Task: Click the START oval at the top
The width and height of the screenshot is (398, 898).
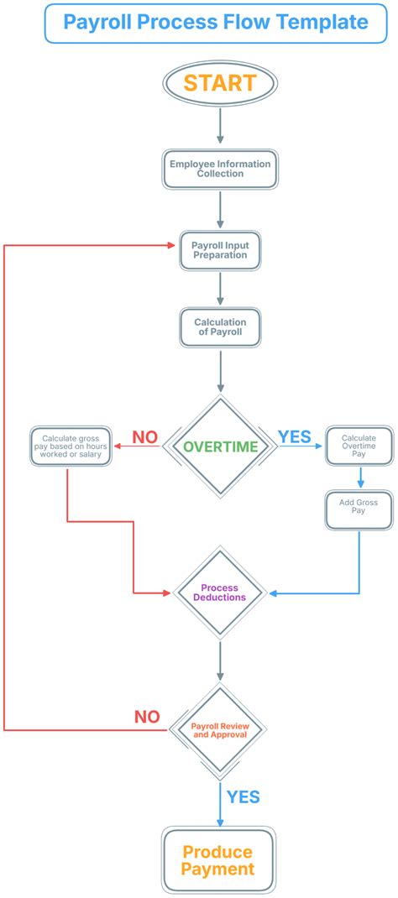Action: [x=220, y=83]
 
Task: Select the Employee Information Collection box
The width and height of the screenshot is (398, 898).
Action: [x=220, y=169]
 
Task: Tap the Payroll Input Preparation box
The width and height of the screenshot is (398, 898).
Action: [x=220, y=250]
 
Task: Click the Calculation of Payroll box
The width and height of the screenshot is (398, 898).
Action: [x=220, y=327]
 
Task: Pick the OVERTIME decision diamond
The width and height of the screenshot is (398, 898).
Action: [x=220, y=446]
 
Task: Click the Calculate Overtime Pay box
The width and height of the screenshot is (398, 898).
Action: [x=359, y=445]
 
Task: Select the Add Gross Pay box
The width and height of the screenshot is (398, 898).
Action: [x=359, y=508]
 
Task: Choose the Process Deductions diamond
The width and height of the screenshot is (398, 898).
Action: [x=220, y=593]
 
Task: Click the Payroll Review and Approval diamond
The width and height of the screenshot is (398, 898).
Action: [x=220, y=729]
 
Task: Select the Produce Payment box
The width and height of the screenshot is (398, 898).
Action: [x=219, y=859]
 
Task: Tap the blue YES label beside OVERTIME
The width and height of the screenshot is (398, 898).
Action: [x=294, y=437]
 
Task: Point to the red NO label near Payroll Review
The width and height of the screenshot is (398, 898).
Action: [x=147, y=718]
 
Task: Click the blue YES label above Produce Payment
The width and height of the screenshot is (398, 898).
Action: [x=244, y=796]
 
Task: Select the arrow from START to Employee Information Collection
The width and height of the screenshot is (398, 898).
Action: [x=220, y=126]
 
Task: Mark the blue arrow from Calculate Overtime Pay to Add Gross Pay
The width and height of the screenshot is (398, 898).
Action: [x=359, y=476]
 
